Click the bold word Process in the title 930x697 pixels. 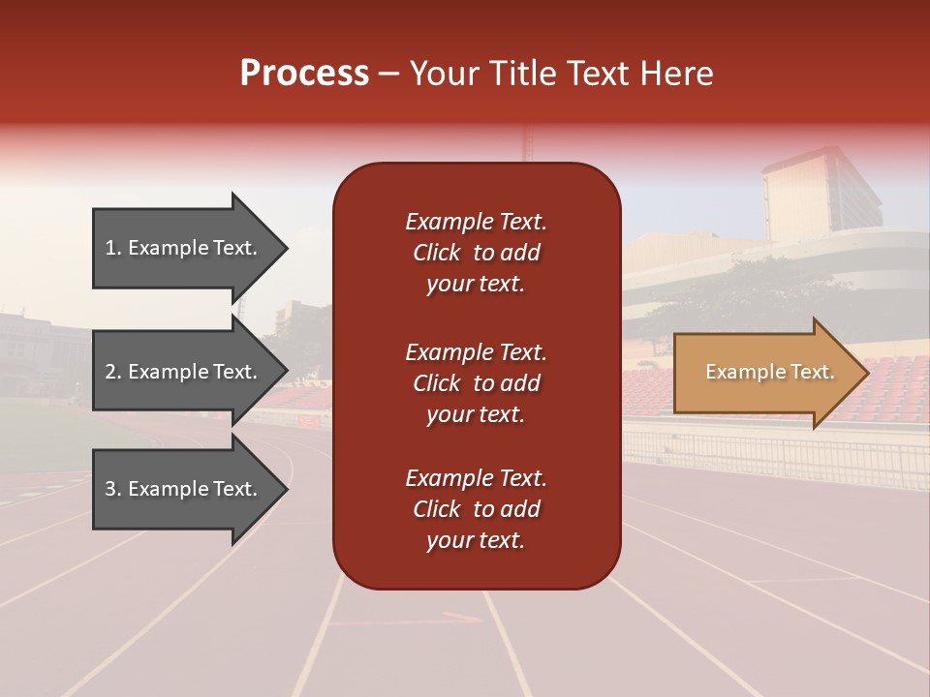coord(304,74)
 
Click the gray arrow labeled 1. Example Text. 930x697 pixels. coord(184,248)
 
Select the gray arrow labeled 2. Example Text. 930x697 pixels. coord(184,372)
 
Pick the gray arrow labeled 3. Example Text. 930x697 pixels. coord(184,489)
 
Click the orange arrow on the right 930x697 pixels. coord(765,373)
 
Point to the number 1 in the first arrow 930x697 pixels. coord(110,248)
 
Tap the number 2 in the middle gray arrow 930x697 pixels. coord(110,372)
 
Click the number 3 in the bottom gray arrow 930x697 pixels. coord(110,489)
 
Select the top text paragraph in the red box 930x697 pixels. coord(476,253)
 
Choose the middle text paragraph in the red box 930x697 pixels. coord(476,383)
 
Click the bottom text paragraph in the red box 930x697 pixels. coord(476,509)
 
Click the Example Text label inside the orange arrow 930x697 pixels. coord(769,372)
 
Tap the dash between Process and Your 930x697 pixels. coord(388,74)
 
